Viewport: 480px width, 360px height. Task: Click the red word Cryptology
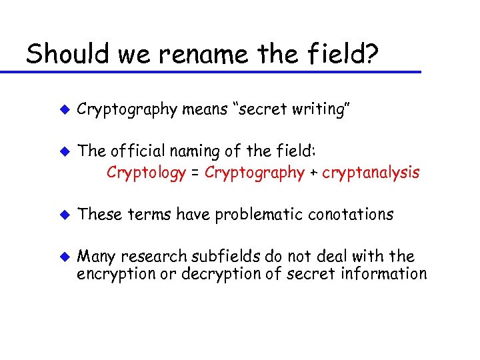[x=146, y=173]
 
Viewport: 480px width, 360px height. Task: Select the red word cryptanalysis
[x=371, y=173]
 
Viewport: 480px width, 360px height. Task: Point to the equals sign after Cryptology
[x=195, y=174]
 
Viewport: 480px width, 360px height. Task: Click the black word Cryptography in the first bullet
[x=127, y=109]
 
